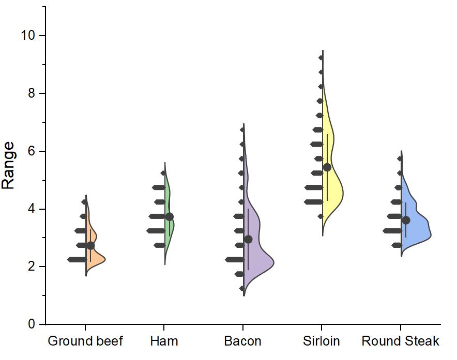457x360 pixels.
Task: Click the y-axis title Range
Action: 8,165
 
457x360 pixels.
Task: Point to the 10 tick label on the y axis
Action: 27,36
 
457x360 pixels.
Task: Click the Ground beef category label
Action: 85,341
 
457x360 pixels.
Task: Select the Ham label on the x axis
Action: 164,341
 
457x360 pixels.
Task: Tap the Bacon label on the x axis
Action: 242,341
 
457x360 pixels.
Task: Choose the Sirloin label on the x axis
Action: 322,341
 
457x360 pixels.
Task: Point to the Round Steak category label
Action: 400,341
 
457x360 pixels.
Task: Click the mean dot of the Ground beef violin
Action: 90,245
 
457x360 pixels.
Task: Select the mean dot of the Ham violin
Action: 170,217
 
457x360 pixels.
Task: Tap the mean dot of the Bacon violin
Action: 248,239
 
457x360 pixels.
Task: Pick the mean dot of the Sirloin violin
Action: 327,167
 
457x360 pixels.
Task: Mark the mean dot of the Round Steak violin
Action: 406,221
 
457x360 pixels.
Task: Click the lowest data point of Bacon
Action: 241,288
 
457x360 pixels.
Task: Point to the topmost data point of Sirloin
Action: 321,58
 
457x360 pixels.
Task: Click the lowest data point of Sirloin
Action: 321,216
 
